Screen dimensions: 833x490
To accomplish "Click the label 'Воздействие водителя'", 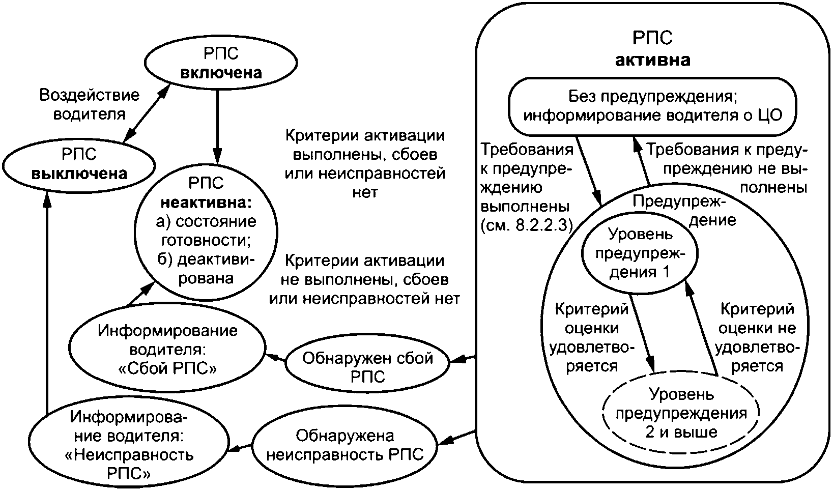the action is (89, 104).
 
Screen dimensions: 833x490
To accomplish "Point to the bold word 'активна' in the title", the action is (653, 60).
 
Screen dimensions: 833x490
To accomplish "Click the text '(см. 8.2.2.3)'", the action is (527, 225).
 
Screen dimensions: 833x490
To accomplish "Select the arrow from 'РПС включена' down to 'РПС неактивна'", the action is (218, 127).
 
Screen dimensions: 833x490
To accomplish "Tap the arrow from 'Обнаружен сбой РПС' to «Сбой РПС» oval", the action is (276, 358).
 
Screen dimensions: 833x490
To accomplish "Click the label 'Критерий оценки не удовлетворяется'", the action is (757, 337).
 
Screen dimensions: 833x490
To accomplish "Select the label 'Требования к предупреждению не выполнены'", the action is (728, 169).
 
